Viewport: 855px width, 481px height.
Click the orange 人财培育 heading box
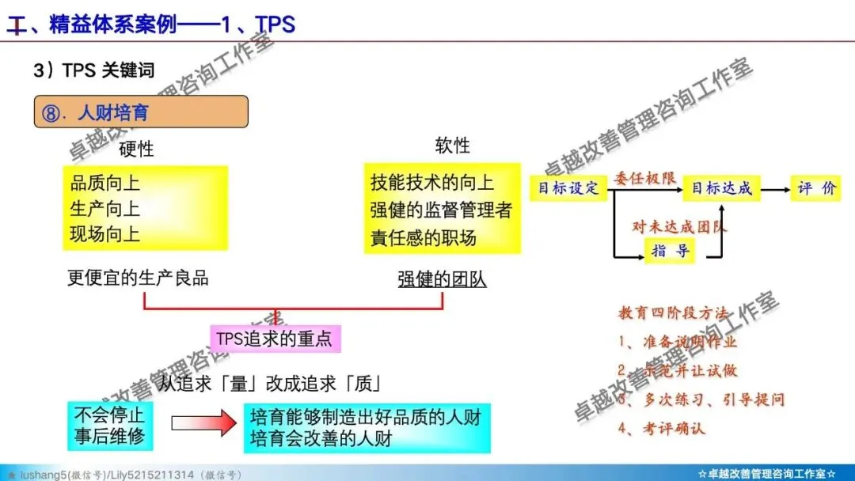click(x=141, y=112)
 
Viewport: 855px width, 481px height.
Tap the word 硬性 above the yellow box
click(x=136, y=149)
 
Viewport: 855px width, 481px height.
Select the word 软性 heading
click(x=452, y=146)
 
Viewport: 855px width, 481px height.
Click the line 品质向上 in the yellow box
click(x=105, y=184)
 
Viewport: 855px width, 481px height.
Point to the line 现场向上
click(x=105, y=234)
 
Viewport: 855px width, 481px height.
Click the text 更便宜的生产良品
click(x=138, y=278)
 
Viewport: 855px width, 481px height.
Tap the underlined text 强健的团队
click(x=442, y=279)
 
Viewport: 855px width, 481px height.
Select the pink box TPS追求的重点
click(x=275, y=339)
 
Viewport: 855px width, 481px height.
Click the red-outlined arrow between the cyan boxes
click(x=203, y=425)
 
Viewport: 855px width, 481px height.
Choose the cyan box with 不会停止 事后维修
click(x=110, y=426)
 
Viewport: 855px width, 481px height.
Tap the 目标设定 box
click(x=568, y=188)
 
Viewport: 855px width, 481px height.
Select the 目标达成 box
click(x=721, y=188)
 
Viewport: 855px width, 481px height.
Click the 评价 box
click(x=815, y=188)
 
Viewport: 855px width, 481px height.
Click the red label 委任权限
click(x=644, y=178)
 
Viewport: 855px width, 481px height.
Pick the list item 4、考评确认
click(x=662, y=429)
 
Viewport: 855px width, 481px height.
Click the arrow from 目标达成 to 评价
click(x=774, y=189)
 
